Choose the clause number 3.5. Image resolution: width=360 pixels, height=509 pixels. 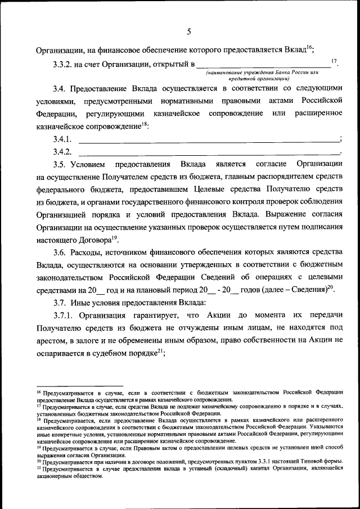[x=60, y=164]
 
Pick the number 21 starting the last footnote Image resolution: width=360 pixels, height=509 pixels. [x=38, y=468]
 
